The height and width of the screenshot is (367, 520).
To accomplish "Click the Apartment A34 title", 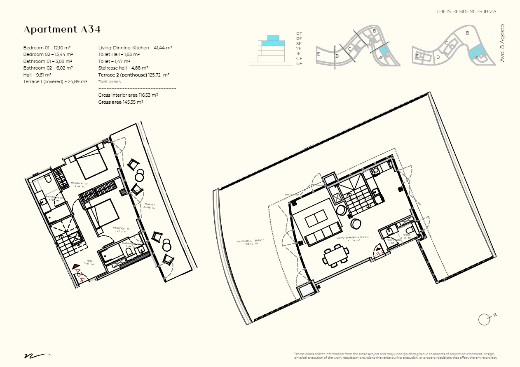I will pyautogui.click(x=62, y=30).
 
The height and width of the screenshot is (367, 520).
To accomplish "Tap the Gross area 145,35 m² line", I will pyautogui.click(x=121, y=102).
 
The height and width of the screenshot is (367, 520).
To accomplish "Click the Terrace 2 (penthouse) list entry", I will pyautogui.click(x=134, y=75).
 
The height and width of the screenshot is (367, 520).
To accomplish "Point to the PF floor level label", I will pyautogui.click(x=299, y=39).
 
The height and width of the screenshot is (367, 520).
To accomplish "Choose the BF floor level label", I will pyautogui.click(x=299, y=63).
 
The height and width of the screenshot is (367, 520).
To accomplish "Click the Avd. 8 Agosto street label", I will pyautogui.click(x=502, y=43).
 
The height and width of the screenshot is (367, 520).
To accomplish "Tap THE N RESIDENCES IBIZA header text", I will pyautogui.click(x=466, y=12).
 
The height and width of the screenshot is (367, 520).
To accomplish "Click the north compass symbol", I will pyautogui.click(x=485, y=319).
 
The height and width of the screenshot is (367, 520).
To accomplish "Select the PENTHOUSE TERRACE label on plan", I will pyautogui.click(x=251, y=242).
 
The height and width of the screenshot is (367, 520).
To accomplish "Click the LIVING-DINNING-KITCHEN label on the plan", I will pyautogui.click(x=352, y=238).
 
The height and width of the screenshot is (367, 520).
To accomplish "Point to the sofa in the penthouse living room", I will pyautogui.click(x=322, y=235).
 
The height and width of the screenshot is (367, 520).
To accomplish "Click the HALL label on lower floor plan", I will pyautogui.click(x=89, y=261).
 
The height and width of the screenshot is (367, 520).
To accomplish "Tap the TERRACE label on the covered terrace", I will pyautogui.click(x=149, y=205).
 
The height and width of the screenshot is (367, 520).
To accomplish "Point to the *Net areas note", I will pyautogui.click(x=110, y=81).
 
